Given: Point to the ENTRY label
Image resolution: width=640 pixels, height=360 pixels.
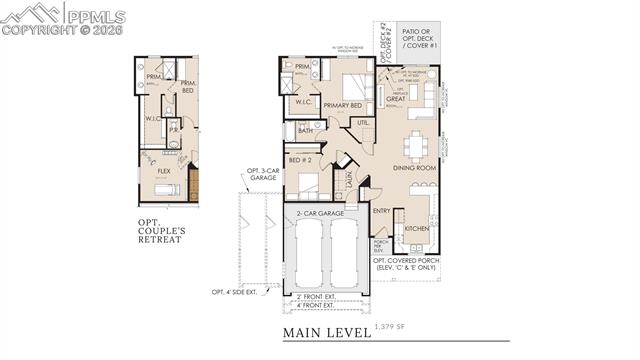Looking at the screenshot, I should click(382, 211).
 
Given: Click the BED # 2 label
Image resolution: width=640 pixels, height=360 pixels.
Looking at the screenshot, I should click(300, 160).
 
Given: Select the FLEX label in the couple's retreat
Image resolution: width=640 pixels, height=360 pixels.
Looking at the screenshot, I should click(163, 170).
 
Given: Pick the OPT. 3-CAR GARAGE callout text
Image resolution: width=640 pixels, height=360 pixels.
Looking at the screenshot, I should click(261, 176).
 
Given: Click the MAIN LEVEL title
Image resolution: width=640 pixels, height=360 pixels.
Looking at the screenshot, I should click(326, 332).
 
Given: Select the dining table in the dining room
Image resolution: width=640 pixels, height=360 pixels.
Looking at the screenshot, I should click(418, 146).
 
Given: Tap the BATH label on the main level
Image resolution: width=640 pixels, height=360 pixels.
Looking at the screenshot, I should click(305, 130).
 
